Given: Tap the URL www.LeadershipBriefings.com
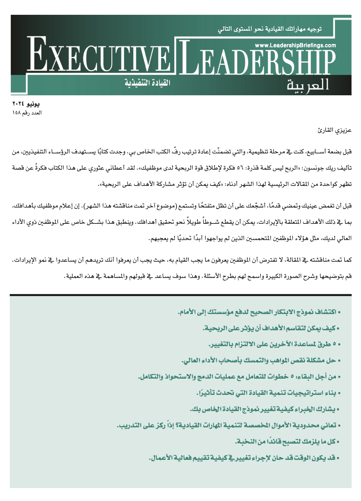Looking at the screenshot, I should tap(295, 45).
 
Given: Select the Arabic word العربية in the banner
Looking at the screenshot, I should tap(308, 85).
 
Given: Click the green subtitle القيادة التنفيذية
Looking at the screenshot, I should tap(147, 83).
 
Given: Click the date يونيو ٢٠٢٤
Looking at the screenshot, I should tap(26, 104).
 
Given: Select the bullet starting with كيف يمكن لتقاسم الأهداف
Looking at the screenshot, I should tap(270, 328).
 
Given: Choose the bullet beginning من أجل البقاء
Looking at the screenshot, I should tap(239, 377).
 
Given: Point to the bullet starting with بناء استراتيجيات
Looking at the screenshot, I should tap(268, 393).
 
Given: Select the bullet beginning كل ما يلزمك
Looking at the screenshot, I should tap(287, 441).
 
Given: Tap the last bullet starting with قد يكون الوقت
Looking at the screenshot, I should tap(244, 458).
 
